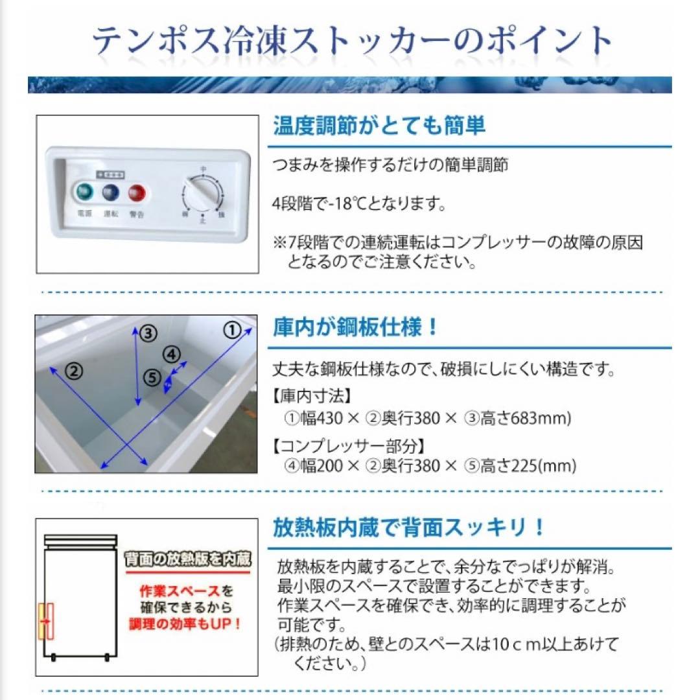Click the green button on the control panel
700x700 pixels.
pos(83,192)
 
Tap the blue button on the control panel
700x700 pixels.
pos(110,192)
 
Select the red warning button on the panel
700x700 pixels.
pos(137,192)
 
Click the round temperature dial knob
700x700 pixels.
pos(204,193)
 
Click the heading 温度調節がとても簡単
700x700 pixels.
pos(379,126)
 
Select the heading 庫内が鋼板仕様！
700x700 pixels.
pos(356,327)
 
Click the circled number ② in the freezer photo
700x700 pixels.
pos(75,371)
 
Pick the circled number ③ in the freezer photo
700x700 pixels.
pos(149,333)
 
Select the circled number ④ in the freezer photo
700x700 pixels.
pos(171,354)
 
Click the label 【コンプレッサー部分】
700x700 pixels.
pos(349,446)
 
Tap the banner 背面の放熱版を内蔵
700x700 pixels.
pos(187,559)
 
